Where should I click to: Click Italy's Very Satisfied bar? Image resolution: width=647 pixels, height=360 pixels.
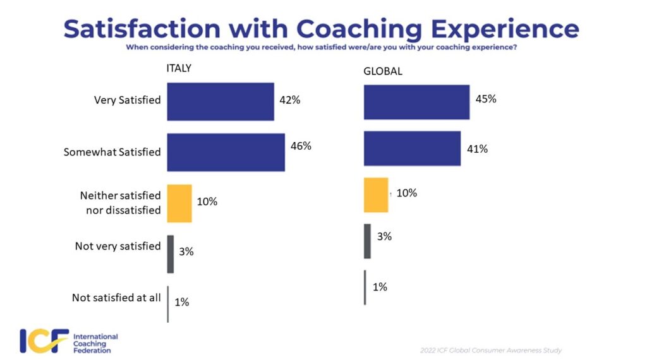[x=220, y=101]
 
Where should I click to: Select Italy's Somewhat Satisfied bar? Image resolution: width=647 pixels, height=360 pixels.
[x=226, y=152]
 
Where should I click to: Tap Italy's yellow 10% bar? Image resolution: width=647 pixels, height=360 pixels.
[x=179, y=203]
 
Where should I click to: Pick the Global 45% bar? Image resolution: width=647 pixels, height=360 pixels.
[x=416, y=102]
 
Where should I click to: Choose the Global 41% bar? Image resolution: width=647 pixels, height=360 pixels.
[x=412, y=148]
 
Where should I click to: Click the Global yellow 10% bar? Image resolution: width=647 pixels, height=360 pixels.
[x=376, y=195]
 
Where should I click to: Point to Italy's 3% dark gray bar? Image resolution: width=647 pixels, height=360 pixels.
[x=171, y=254]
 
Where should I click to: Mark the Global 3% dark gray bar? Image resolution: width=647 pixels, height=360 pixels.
[x=368, y=241]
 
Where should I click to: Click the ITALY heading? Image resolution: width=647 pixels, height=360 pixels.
[x=179, y=69]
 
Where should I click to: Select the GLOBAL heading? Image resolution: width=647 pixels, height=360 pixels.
[x=382, y=71]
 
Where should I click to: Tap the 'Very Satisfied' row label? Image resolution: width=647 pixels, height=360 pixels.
[x=127, y=100]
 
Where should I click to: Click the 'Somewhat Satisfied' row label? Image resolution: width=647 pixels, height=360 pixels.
[x=112, y=152]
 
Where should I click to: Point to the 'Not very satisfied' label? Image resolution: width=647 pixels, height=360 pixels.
[x=118, y=246]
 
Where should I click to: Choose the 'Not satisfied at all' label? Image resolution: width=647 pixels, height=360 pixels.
[x=116, y=297]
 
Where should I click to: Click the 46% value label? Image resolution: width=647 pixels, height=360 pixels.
[x=301, y=146]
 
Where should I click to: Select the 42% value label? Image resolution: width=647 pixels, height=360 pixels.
[x=289, y=99]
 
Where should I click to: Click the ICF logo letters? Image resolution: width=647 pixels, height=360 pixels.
[x=43, y=341]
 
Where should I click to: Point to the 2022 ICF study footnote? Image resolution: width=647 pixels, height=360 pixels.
[x=490, y=350]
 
